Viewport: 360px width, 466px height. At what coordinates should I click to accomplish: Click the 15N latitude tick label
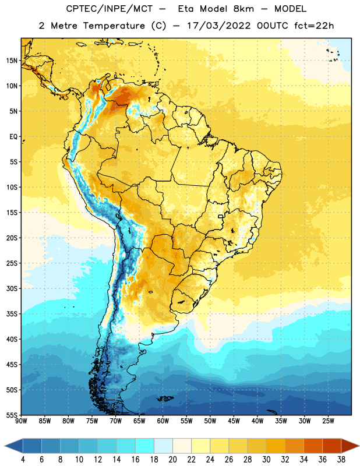coord(12,61)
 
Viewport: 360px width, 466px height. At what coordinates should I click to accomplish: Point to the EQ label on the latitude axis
coord(13,137)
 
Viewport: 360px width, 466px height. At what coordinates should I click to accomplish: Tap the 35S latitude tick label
coord(12,314)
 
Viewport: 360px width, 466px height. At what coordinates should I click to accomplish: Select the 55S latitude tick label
coord(12,415)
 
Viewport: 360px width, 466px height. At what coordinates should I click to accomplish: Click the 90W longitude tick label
coord(21,421)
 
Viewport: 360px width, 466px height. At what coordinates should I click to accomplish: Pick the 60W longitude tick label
coord(163,421)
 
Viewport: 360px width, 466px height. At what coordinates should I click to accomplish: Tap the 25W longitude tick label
coord(328,421)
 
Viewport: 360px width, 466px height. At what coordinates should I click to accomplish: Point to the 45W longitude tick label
coord(234,421)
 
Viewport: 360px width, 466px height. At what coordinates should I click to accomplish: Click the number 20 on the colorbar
coord(172,460)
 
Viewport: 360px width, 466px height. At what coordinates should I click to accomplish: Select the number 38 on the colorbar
coord(341,460)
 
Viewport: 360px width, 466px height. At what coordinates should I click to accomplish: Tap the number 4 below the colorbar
coord(23,460)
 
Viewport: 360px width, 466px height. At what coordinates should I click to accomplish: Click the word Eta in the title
coord(186,9)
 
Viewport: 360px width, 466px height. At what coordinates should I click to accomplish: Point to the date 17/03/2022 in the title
coord(219,26)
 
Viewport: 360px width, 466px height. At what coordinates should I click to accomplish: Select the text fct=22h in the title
coord(314,26)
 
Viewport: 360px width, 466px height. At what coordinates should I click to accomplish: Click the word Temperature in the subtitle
coord(114,26)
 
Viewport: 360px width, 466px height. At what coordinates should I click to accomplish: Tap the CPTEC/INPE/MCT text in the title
coord(109,9)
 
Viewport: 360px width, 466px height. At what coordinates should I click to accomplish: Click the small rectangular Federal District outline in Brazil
coord(221,216)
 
